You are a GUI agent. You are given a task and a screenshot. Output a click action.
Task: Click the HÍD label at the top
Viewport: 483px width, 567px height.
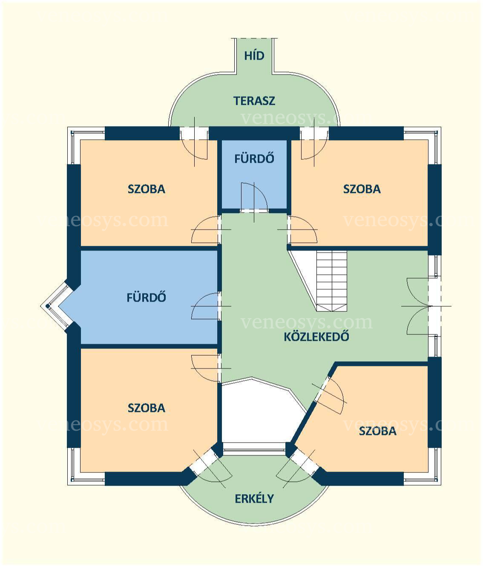[254, 55]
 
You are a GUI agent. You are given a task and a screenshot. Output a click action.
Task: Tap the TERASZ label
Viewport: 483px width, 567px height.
[254, 101]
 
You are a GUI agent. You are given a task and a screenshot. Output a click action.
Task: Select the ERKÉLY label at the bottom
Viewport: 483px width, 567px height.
[254, 499]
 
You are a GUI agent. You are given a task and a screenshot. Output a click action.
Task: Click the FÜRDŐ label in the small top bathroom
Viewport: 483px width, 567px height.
[254, 158]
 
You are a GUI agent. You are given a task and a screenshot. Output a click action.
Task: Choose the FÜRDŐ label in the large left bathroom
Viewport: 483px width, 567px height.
[146, 297]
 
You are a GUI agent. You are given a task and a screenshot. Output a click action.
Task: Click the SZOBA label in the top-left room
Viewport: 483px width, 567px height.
[147, 189]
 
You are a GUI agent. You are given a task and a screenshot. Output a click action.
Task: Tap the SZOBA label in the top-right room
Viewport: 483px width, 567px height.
[362, 189]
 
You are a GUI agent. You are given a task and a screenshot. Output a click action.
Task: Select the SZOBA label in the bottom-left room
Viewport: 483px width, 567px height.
[147, 408]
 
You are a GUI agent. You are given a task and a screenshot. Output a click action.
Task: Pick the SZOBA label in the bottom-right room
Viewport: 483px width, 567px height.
[378, 431]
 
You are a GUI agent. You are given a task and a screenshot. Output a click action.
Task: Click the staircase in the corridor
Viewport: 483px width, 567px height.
[332, 281]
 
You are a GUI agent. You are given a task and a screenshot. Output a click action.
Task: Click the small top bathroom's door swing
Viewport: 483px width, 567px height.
[254, 198]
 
